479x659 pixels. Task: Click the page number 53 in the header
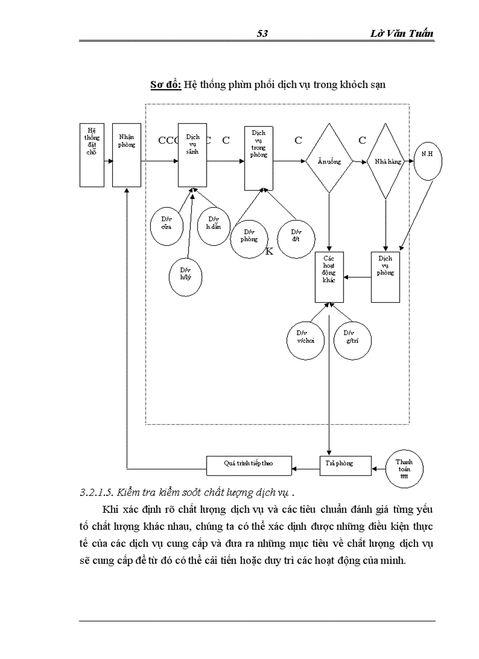click(x=262, y=33)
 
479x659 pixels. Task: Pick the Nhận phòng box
click(x=126, y=155)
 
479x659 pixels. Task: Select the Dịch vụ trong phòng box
click(x=258, y=157)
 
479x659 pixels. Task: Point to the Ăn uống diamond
click(x=329, y=161)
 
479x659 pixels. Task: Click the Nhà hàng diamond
click(x=384, y=161)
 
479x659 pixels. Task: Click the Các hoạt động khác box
click(x=329, y=277)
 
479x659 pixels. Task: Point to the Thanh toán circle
click(x=404, y=468)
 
